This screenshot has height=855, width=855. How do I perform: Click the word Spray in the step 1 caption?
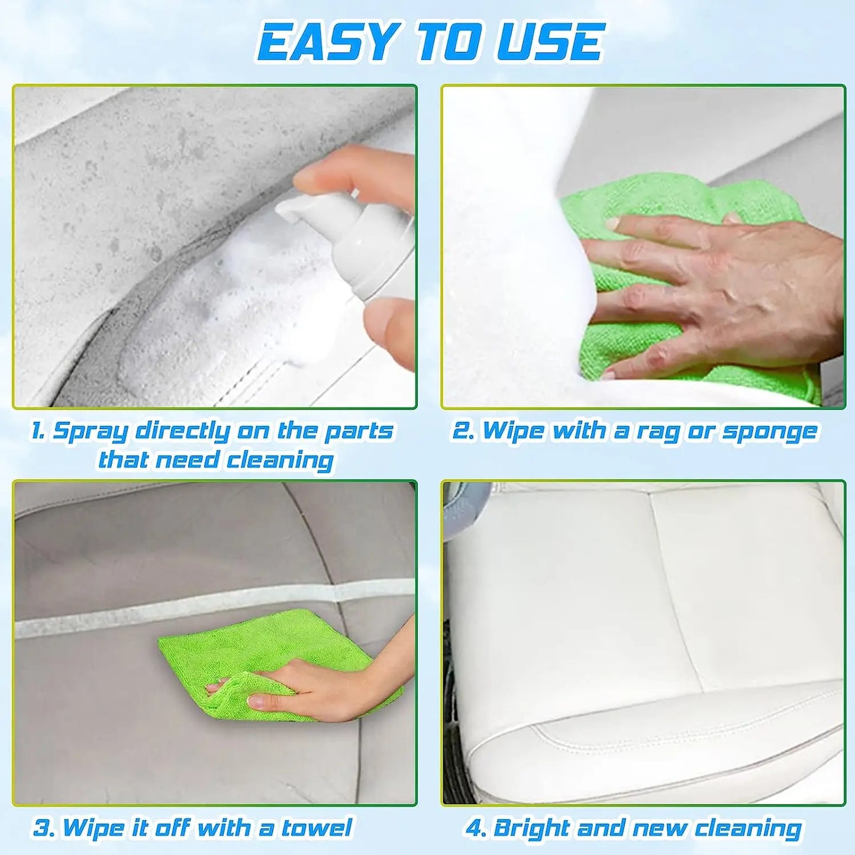click(x=89, y=433)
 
